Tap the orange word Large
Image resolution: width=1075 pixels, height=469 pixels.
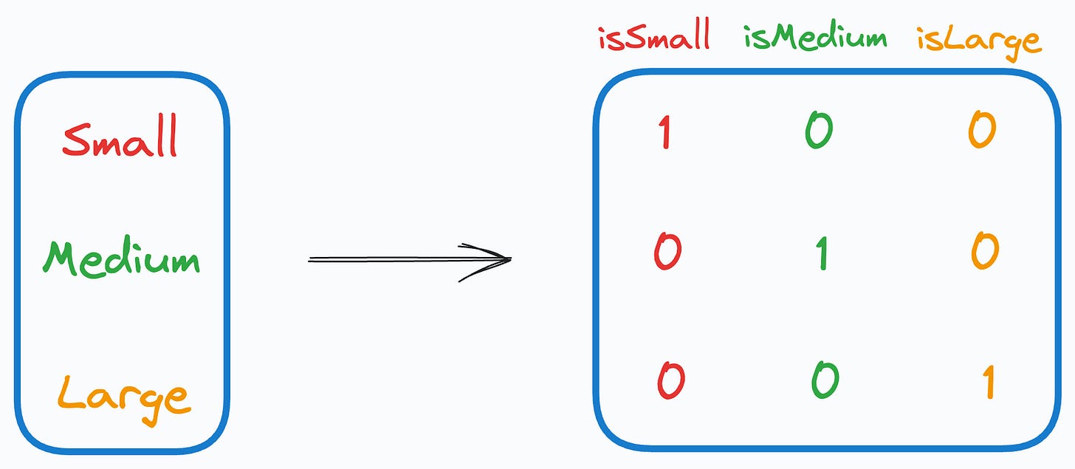tap(123, 397)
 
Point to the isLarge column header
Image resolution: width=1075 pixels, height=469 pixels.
tap(978, 38)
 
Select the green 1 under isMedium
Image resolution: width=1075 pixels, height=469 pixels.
tap(822, 253)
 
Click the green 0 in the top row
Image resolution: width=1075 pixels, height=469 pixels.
tap(819, 131)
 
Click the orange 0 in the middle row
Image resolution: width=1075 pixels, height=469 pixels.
tap(984, 252)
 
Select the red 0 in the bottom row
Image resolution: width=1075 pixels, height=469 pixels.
tap(670, 381)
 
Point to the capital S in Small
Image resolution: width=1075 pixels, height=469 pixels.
tap(75, 139)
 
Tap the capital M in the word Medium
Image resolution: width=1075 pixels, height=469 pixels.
tap(61, 257)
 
